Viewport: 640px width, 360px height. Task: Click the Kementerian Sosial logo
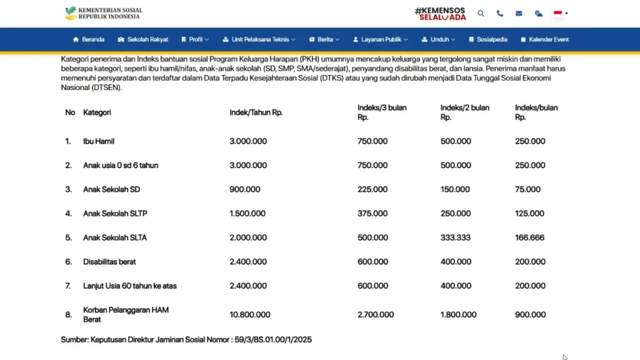(x=103, y=13)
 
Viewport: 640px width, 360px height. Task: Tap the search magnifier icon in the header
(x=481, y=13)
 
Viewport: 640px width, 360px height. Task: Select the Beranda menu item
(x=89, y=39)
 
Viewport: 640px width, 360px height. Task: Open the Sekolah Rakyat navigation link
(x=143, y=39)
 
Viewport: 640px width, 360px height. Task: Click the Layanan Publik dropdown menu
(x=381, y=39)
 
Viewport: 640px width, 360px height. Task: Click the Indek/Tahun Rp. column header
(x=256, y=112)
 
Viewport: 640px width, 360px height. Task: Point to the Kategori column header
(x=97, y=112)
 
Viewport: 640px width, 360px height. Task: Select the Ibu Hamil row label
(x=99, y=141)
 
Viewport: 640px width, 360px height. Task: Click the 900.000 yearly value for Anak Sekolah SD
(x=245, y=189)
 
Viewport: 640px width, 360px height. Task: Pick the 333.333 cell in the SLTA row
(x=456, y=237)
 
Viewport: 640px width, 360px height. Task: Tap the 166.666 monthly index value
(x=530, y=237)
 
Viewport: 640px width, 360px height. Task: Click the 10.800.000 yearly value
(x=250, y=314)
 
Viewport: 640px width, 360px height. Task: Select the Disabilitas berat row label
(x=109, y=262)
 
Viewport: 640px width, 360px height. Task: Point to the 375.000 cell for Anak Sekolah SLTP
(x=372, y=214)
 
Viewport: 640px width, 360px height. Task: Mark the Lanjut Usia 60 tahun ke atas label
(x=130, y=286)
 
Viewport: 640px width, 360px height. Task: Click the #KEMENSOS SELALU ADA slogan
(x=440, y=13)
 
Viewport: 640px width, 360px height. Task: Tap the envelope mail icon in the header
(x=519, y=13)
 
